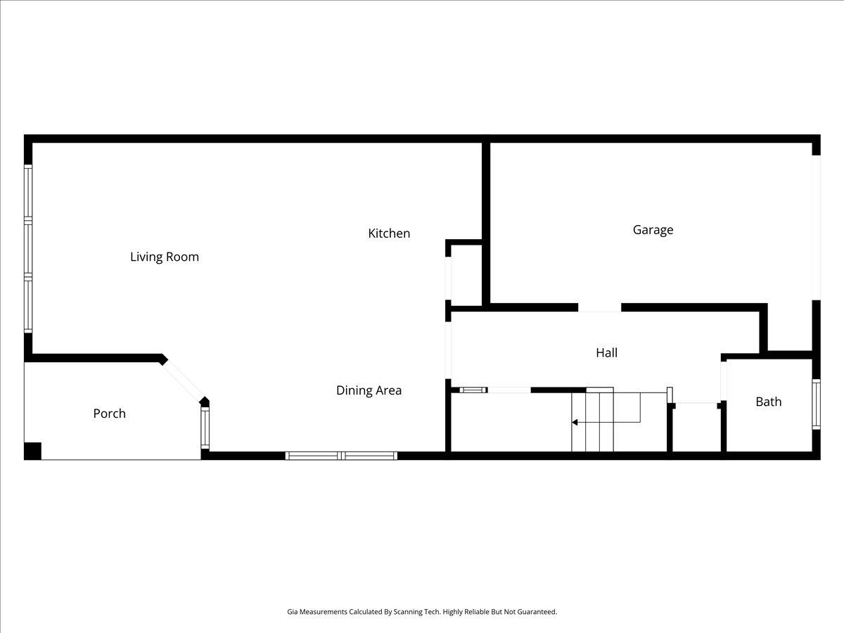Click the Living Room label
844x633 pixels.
165,257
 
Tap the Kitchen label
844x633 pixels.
389,234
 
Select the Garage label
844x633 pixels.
653,230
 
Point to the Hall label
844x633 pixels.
606,353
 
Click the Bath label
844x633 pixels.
768,402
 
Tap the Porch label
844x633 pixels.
109,414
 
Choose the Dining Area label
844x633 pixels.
369,390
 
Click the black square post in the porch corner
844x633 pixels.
33,450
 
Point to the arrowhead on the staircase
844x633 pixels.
575,422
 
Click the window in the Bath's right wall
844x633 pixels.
816,404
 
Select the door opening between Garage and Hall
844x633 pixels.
599,307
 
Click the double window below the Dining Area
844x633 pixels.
341,456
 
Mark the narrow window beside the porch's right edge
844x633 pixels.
205,428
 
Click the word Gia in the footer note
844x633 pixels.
293,612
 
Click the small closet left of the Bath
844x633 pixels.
696,427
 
